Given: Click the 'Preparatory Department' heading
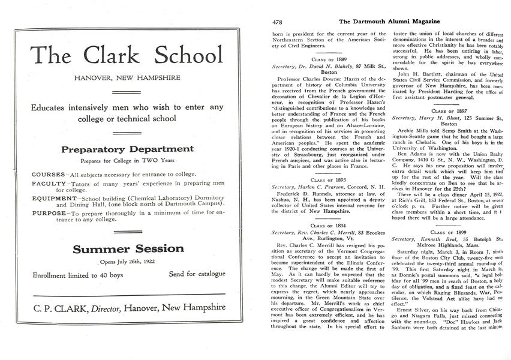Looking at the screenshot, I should [127, 149].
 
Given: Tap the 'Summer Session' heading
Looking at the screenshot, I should [128, 248].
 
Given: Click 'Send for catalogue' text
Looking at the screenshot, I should [197, 274].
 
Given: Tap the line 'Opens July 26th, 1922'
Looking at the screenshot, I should [128, 262].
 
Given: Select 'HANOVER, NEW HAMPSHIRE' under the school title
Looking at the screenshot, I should [127, 78].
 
